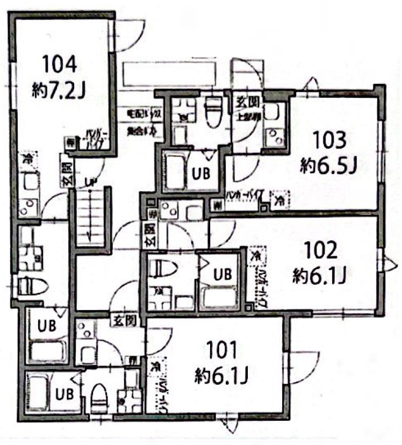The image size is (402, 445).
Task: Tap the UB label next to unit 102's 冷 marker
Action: pyautogui.click(x=222, y=274)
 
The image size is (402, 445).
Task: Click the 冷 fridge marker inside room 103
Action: pyautogui.click(x=279, y=202)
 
